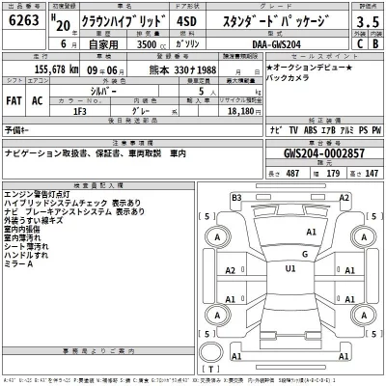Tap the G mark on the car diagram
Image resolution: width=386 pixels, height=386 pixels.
tap(304, 254)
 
